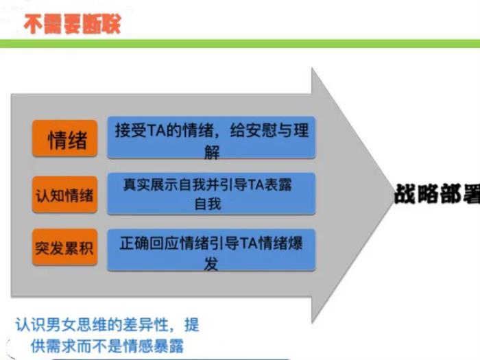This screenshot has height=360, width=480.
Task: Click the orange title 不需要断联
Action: click(x=72, y=24)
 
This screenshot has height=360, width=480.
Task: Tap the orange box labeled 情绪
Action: click(x=65, y=139)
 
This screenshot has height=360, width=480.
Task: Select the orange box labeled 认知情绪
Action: click(x=65, y=194)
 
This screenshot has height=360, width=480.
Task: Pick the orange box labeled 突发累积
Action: click(x=65, y=247)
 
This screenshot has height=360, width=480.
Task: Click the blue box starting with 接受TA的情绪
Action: click(x=211, y=137)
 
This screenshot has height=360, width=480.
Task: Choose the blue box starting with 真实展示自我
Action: click(x=211, y=194)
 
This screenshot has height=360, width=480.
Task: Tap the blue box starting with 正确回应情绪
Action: click(x=211, y=250)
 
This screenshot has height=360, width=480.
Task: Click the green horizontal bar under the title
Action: click(x=240, y=44)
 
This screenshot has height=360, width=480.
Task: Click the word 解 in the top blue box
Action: click(x=212, y=152)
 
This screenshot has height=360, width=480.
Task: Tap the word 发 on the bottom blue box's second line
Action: click(x=211, y=264)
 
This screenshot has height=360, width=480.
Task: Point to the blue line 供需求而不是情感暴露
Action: click(x=107, y=346)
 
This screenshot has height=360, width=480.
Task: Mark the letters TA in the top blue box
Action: click(x=156, y=131)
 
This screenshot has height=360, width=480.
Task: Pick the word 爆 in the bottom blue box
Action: click(x=295, y=243)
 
